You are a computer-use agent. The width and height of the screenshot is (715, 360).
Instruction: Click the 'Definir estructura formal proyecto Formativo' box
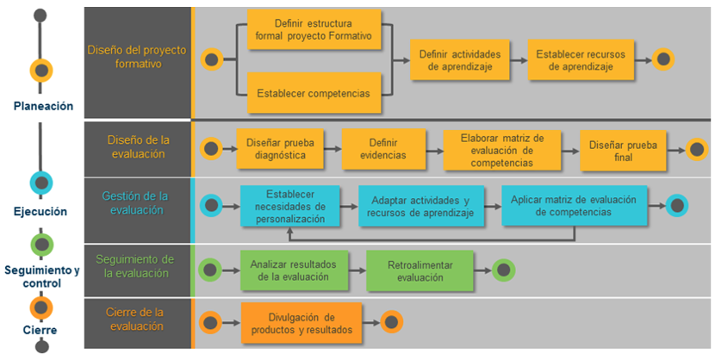(x=314, y=29)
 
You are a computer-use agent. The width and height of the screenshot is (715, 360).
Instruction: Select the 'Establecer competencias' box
(x=314, y=93)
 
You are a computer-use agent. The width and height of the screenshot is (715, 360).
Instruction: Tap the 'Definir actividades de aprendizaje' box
(x=460, y=60)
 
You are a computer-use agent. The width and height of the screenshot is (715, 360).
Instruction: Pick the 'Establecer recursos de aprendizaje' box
(x=581, y=60)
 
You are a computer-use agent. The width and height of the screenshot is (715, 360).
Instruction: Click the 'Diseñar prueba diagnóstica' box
(x=280, y=148)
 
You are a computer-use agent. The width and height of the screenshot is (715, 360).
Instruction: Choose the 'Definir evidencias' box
(x=383, y=148)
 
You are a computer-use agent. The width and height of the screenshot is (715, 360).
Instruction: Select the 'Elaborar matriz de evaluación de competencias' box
(x=502, y=150)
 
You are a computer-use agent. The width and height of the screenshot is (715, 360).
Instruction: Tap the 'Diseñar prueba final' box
(x=623, y=151)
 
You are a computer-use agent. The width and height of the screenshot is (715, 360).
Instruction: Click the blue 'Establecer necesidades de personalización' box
(x=290, y=206)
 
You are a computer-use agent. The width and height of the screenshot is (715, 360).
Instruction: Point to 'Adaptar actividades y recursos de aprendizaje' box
(x=421, y=206)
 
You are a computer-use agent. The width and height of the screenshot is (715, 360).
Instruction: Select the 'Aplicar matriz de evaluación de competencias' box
(x=574, y=206)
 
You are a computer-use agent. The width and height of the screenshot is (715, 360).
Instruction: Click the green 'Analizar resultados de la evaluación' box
(x=294, y=270)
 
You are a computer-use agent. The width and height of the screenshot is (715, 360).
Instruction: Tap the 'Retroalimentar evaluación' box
(x=420, y=270)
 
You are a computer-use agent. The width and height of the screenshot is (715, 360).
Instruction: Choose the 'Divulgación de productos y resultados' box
(x=302, y=323)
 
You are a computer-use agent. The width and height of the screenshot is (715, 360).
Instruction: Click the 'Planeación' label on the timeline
(x=43, y=106)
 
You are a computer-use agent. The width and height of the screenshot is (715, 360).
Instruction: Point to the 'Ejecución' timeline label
(x=40, y=212)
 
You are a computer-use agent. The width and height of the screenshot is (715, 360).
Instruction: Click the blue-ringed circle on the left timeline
(x=41, y=183)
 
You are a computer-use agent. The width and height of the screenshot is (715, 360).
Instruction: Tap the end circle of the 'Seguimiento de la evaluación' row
(x=503, y=270)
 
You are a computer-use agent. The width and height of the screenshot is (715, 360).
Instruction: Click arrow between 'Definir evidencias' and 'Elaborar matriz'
(x=434, y=151)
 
